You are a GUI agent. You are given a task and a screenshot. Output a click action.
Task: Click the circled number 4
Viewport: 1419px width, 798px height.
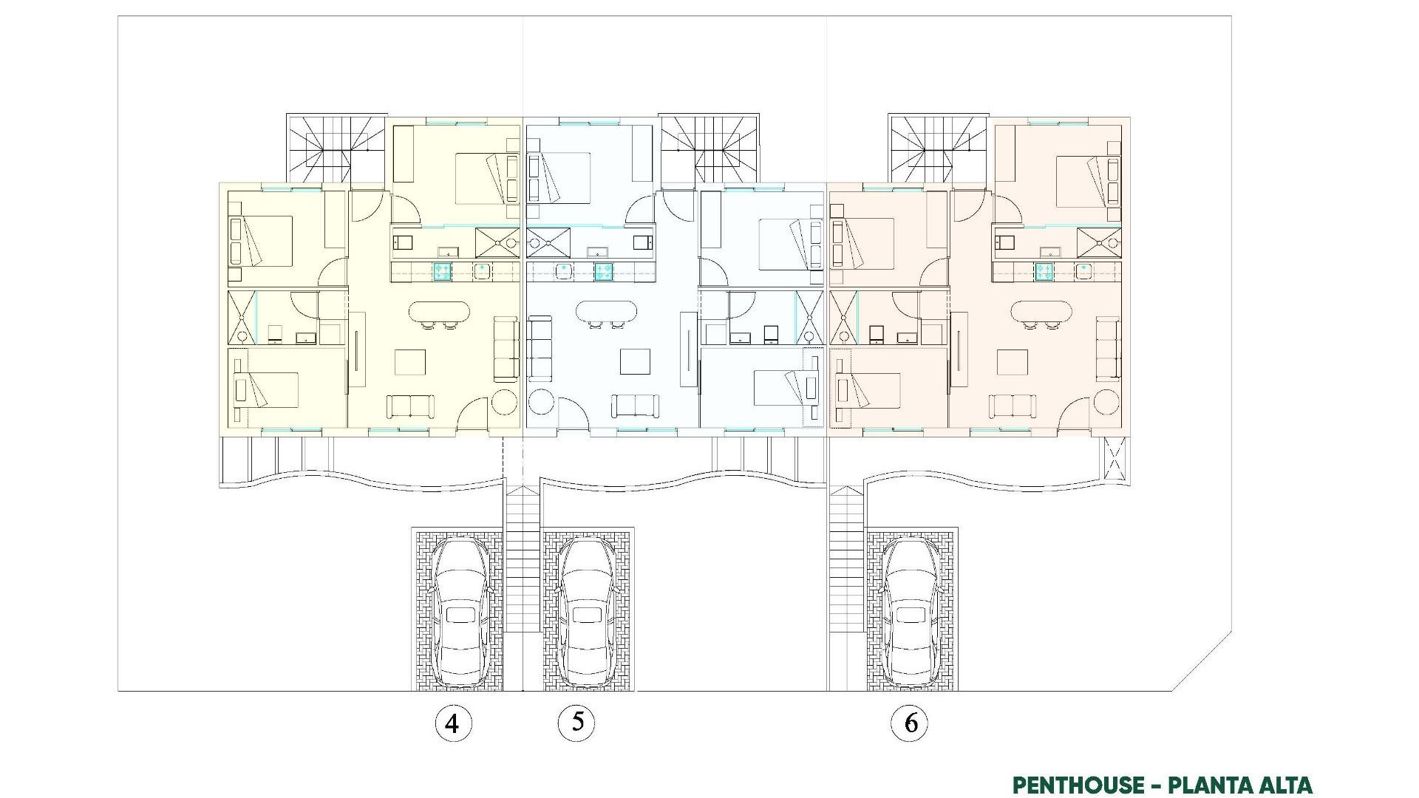point(452,723)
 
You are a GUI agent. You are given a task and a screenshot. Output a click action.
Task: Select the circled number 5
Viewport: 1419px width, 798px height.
point(576,721)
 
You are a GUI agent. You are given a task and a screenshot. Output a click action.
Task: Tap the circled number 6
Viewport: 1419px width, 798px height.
point(911,723)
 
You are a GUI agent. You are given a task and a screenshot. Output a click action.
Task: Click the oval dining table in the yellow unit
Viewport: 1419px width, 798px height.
point(439,311)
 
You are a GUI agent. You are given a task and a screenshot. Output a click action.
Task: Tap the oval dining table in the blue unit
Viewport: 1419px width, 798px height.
point(606,311)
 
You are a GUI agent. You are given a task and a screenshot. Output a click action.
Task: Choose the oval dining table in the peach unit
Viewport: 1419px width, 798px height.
point(1041,311)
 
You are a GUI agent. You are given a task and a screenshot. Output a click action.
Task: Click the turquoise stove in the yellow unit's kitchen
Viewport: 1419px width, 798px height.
point(442,271)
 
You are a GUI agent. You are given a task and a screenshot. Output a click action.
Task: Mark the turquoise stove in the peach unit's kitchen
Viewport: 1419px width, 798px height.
point(1044,271)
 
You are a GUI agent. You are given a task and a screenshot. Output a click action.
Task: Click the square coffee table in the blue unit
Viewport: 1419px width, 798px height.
point(635,362)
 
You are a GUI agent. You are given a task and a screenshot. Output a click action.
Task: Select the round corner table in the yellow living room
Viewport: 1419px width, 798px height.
point(506,403)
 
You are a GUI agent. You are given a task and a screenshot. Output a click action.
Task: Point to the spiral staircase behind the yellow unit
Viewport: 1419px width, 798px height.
point(336,148)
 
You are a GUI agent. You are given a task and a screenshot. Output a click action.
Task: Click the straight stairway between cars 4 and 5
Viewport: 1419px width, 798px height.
point(523,562)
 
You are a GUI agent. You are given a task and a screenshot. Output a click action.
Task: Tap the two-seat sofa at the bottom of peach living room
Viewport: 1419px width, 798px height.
point(1012,406)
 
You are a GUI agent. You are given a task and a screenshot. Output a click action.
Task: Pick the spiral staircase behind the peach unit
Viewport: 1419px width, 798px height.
point(937,148)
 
